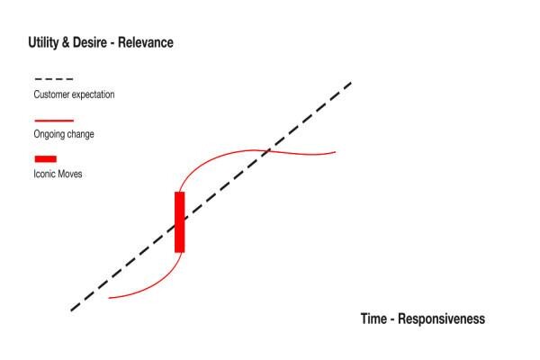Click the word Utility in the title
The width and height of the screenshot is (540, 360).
43,42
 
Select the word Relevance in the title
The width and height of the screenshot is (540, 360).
146,42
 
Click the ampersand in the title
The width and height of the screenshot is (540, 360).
66,42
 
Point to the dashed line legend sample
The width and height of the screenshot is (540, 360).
54,79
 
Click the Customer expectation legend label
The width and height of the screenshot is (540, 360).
74,94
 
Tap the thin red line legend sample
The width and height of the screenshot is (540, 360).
54,121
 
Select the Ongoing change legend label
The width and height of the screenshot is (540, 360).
64,134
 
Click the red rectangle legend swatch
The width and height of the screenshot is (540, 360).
46,158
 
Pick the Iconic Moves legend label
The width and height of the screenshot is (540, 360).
58,174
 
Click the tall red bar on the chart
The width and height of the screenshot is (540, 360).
179,222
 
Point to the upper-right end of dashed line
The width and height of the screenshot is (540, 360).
351,82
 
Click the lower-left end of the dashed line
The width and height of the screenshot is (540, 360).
71,310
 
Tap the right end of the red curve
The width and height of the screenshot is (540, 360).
336,152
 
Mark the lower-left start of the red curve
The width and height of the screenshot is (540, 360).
109,298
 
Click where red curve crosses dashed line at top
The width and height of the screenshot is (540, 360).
268,150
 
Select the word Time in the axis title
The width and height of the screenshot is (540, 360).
373,319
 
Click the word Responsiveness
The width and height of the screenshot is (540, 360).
442,319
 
